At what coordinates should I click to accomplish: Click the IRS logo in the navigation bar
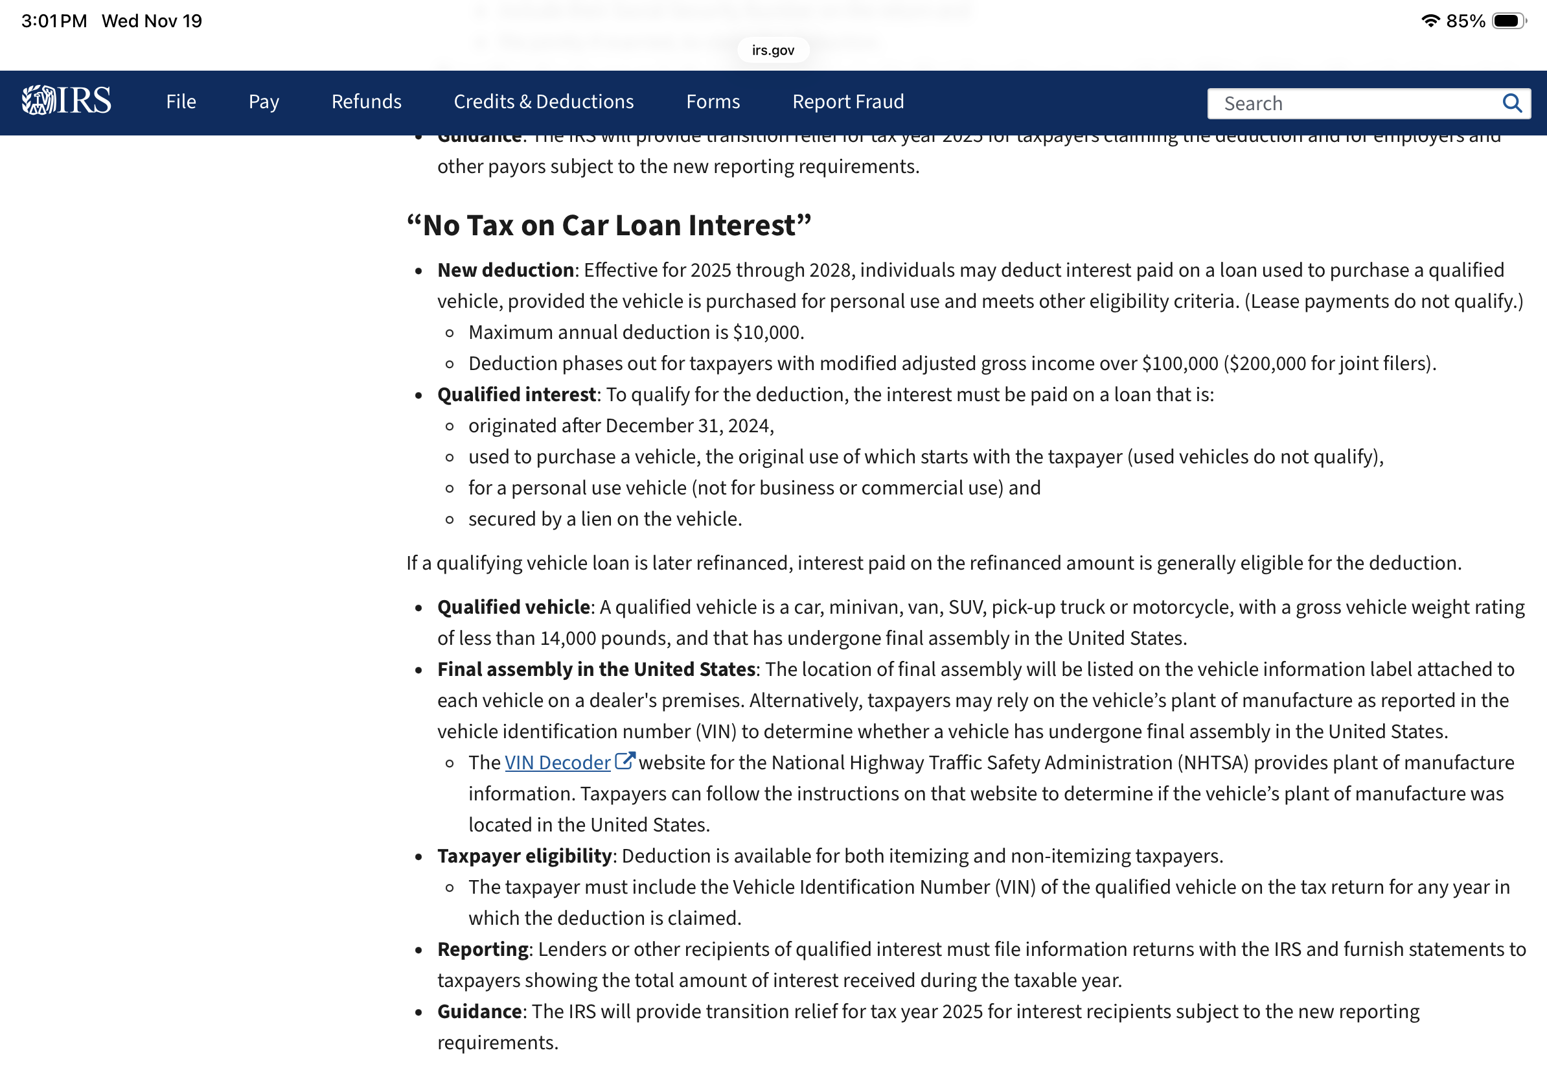tap(66, 101)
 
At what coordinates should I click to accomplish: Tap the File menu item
tap(181, 102)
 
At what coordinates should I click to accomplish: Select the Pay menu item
tap(264, 102)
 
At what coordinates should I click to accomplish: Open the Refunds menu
tap(366, 102)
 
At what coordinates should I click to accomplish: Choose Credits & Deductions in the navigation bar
tap(543, 102)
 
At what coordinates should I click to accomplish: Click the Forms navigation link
tap(712, 102)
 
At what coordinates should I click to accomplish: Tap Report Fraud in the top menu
tap(847, 102)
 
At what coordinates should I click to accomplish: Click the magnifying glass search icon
tap(1511, 104)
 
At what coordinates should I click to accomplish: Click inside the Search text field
tap(1347, 104)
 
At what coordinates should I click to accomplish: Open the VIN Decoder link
tap(557, 762)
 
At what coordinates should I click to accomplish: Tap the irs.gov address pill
tap(773, 50)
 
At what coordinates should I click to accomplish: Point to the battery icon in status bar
tap(1508, 21)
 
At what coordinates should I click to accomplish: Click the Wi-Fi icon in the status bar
tap(1430, 21)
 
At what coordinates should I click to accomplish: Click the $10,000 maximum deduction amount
tap(768, 332)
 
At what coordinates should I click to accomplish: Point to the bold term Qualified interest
tap(516, 394)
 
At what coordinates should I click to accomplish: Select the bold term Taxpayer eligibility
tap(524, 856)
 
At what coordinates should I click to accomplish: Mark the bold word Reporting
tap(483, 949)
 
